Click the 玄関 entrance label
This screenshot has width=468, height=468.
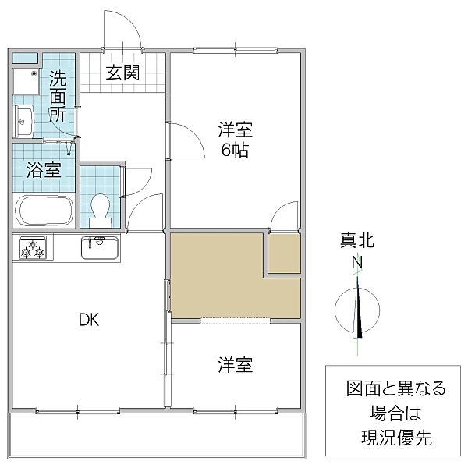pos(123,73)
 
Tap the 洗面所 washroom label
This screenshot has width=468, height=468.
pos(58,95)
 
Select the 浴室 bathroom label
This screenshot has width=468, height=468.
pos(44,170)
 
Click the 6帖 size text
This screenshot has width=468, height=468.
pos(235,151)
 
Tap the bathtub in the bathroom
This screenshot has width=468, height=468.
pos(44,211)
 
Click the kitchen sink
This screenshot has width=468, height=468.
pos(99,248)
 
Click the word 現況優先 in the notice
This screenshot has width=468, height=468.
pos(395,438)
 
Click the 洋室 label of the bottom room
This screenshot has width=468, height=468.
pos(235,364)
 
